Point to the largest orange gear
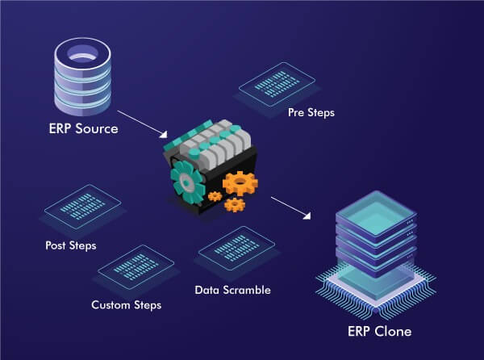(x=240, y=183)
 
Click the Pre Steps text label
(x=311, y=113)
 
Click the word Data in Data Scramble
(x=207, y=290)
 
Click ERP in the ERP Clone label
(x=359, y=332)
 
